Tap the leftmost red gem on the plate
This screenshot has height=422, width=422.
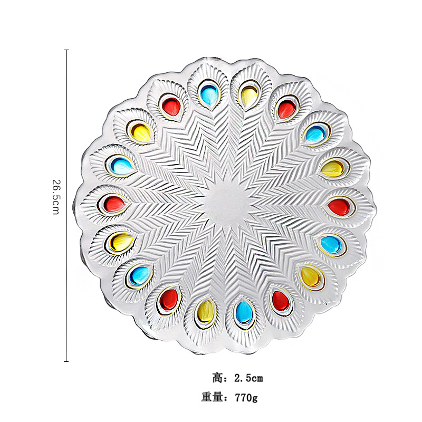coord(114,204)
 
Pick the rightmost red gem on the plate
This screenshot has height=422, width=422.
coord(339,206)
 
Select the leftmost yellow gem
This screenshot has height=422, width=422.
coord(122,241)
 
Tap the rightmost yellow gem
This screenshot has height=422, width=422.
coord(333,168)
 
